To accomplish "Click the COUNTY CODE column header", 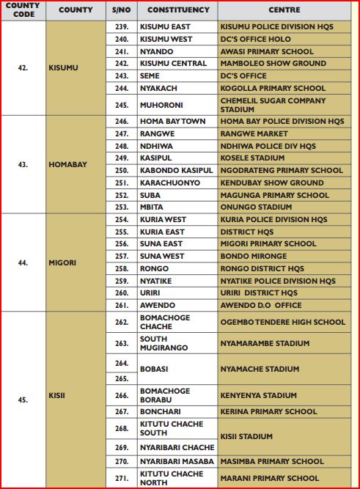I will (x=23, y=10).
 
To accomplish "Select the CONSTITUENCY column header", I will (x=178, y=10).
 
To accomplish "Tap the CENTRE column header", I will (x=284, y=10).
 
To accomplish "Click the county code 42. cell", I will (x=23, y=67).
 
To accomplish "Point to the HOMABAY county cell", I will (x=67, y=164).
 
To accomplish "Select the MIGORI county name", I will (x=64, y=262).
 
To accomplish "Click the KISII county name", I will (x=59, y=400).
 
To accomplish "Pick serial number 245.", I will (x=122, y=105).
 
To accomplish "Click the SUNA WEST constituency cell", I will (x=162, y=257).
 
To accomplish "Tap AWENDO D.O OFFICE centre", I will (x=260, y=305).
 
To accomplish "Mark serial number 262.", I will (x=122, y=322).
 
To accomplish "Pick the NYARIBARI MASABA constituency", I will (x=176, y=461).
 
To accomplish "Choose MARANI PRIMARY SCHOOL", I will (x=269, y=478).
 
